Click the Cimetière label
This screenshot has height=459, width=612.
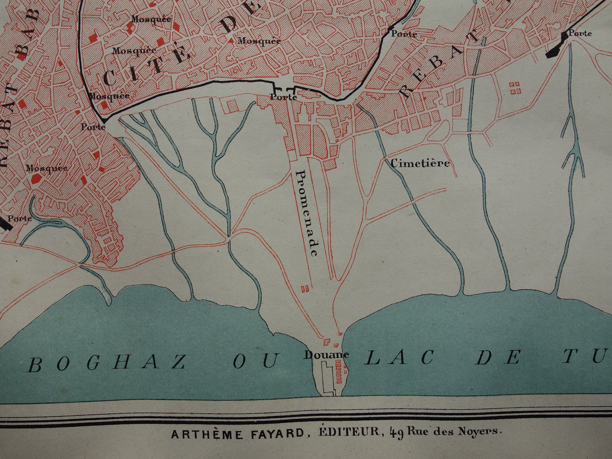pyautogui.click(x=420, y=164)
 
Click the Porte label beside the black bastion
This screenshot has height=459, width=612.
pyautogui.click(x=580, y=34)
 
